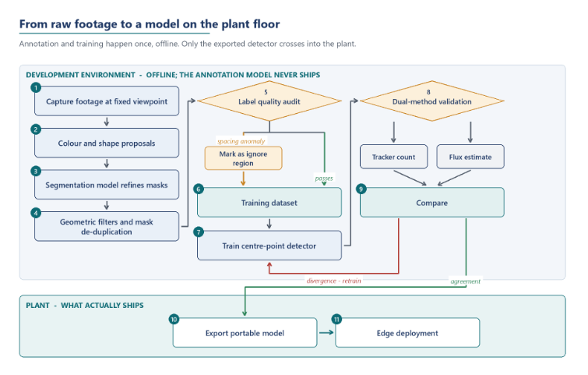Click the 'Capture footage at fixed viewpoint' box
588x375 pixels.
tap(107, 101)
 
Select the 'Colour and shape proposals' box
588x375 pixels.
tap(107, 143)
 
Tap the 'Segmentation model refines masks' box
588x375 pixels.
tap(107, 185)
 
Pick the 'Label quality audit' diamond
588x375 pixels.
tap(269, 101)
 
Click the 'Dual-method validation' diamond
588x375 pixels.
tap(432, 101)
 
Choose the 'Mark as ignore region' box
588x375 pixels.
tap(243, 158)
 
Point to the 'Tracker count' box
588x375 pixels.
tap(394, 157)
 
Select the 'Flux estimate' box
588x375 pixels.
tap(470, 157)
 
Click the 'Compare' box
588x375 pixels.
tap(432, 203)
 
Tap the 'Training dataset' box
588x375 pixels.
tap(269, 203)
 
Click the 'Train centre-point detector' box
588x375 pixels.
tap(269, 246)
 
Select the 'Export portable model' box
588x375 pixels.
tap(245, 333)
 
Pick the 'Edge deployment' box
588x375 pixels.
tap(407, 333)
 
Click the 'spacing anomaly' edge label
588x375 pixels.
tap(241, 141)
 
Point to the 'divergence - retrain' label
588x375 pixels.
tap(334, 281)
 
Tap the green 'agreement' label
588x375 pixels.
tap(466, 281)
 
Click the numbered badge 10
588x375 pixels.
tap(174, 319)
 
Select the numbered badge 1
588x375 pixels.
tap(36, 87)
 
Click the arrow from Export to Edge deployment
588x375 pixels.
tap(326, 333)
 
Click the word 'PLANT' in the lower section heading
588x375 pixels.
tap(37, 305)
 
